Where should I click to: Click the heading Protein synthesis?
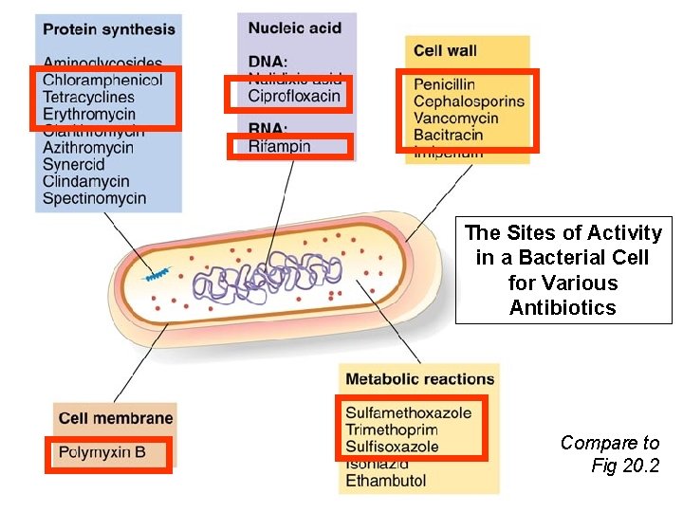(x=109, y=29)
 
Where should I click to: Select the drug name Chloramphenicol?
(x=102, y=80)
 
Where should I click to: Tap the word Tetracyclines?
(x=88, y=97)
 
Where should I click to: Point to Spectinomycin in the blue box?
(x=94, y=198)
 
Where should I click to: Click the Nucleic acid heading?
(x=294, y=27)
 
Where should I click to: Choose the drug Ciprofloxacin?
(x=294, y=96)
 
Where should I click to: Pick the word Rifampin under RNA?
(x=279, y=146)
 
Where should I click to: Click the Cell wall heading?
(x=445, y=50)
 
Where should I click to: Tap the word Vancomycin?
(x=455, y=119)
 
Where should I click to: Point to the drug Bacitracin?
(x=448, y=135)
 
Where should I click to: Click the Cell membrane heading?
(x=116, y=417)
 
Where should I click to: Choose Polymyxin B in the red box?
(x=102, y=452)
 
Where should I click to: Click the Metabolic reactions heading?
(x=419, y=379)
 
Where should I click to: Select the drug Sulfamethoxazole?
(x=408, y=413)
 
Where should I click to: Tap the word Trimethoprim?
(x=392, y=430)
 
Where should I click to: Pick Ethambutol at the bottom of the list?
(x=385, y=481)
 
